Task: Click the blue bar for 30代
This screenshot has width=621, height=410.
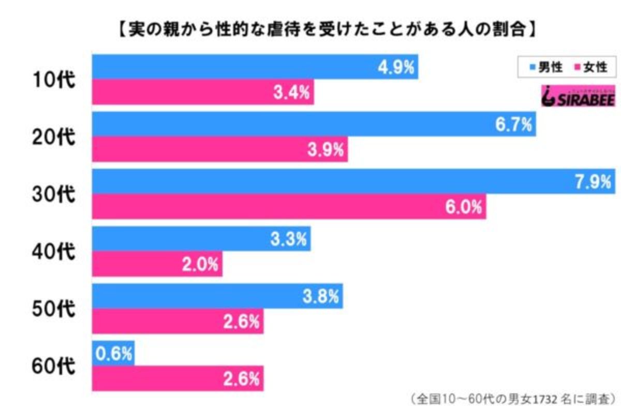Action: [x=352, y=182]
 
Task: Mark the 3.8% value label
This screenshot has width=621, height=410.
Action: [x=321, y=297]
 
